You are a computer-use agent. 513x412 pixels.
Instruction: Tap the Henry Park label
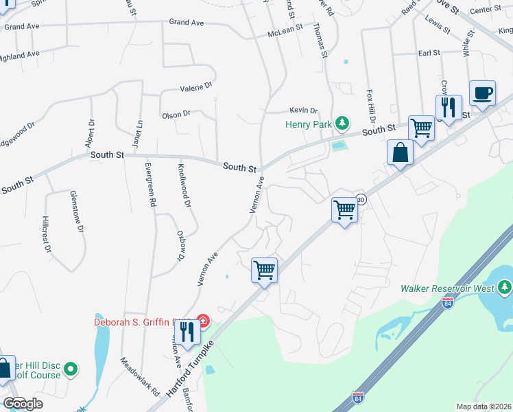(x=309, y=124)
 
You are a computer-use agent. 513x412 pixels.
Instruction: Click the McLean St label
(x=285, y=32)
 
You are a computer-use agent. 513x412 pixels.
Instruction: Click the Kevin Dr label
(x=304, y=110)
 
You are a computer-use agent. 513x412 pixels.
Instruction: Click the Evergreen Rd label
(x=151, y=185)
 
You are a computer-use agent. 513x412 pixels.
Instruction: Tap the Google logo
(x=23, y=404)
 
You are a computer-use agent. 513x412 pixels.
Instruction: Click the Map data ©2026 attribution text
(x=484, y=407)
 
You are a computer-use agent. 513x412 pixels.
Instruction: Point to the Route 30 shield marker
(x=361, y=199)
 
